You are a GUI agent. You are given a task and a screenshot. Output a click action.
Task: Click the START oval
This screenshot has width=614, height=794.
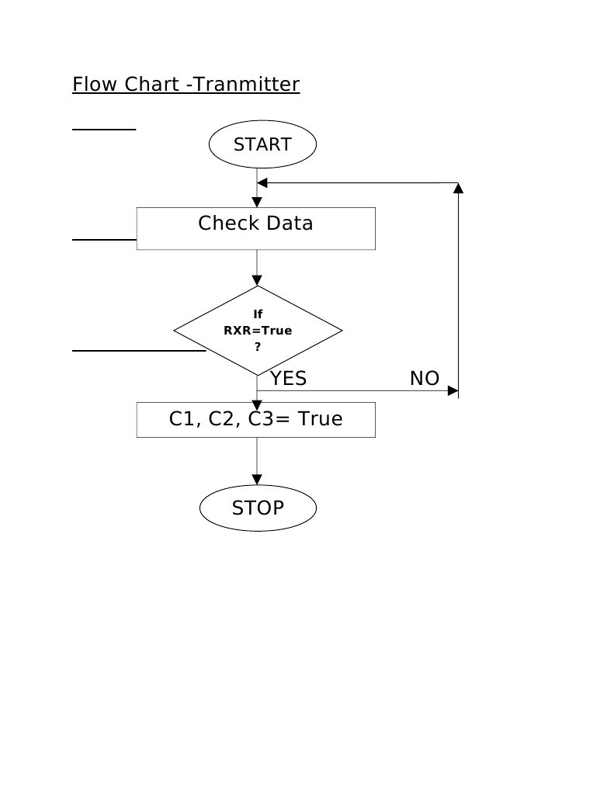click(262, 144)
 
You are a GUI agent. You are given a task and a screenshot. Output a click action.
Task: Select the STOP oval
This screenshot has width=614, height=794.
click(258, 508)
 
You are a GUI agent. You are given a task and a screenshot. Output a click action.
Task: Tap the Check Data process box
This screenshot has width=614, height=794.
click(256, 228)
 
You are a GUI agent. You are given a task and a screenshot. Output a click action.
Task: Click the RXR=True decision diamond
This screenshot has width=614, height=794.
click(258, 331)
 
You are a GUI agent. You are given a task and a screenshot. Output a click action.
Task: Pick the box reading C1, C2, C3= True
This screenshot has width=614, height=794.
click(256, 419)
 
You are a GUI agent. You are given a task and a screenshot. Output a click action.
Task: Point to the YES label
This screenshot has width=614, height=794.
click(288, 379)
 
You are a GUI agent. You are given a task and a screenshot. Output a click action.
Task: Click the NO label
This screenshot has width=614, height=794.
click(425, 379)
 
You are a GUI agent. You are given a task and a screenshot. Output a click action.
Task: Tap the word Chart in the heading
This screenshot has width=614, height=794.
click(153, 84)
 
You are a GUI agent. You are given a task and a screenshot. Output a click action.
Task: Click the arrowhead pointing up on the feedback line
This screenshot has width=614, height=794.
click(458, 188)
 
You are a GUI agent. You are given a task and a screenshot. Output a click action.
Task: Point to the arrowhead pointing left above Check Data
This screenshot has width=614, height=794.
click(262, 183)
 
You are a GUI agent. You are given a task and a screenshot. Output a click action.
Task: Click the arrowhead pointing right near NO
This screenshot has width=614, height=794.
click(453, 390)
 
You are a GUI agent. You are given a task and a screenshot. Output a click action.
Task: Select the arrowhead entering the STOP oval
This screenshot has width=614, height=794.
click(257, 480)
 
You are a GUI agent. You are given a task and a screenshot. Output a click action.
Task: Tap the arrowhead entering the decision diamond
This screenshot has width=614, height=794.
click(257, 280)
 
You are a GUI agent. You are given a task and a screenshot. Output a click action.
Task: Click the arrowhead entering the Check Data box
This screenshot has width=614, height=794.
click(257, 202)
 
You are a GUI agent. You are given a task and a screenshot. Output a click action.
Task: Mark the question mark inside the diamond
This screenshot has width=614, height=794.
click(258, 347)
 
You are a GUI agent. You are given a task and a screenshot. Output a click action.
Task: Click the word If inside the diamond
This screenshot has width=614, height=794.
click(258, 314)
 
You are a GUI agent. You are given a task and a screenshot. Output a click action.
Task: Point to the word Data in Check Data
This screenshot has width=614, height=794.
click(288, 224)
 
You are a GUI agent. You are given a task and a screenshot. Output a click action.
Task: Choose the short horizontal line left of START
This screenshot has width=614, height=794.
click(104, 130)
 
